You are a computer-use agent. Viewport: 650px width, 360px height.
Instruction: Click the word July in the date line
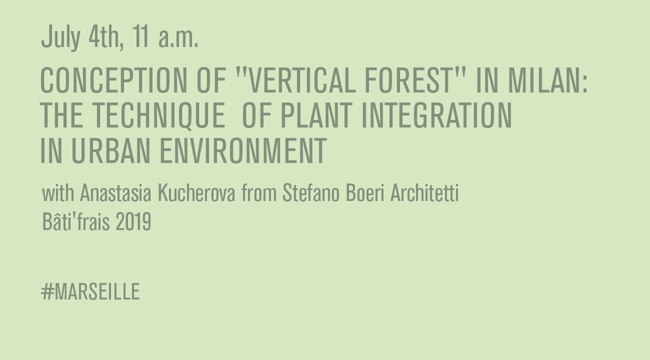[60, 37]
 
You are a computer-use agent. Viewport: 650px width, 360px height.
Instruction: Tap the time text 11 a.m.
[165, 36]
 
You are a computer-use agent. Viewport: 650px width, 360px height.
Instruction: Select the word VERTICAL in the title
[302, 80]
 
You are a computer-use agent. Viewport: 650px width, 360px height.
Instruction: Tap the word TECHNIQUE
[159, 115]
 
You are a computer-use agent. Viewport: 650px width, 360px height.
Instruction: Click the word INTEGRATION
[436, 115]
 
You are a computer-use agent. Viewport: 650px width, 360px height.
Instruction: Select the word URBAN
[111, 151]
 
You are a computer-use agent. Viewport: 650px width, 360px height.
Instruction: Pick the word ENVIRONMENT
[243, 151]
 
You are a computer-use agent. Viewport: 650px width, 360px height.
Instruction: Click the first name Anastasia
[115, 192]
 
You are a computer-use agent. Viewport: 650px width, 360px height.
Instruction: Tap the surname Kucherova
[196, 192]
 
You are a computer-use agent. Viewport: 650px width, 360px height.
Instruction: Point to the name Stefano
[311, 192]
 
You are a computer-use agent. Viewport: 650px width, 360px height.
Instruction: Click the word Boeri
[365, 192]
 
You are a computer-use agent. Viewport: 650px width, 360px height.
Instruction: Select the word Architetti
[424, 192]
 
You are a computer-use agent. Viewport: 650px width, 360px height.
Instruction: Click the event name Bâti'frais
[76, 221]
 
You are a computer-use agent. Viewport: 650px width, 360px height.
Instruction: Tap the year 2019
[133, 221]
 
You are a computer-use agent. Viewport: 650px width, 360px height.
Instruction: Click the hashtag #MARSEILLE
[90, 291]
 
